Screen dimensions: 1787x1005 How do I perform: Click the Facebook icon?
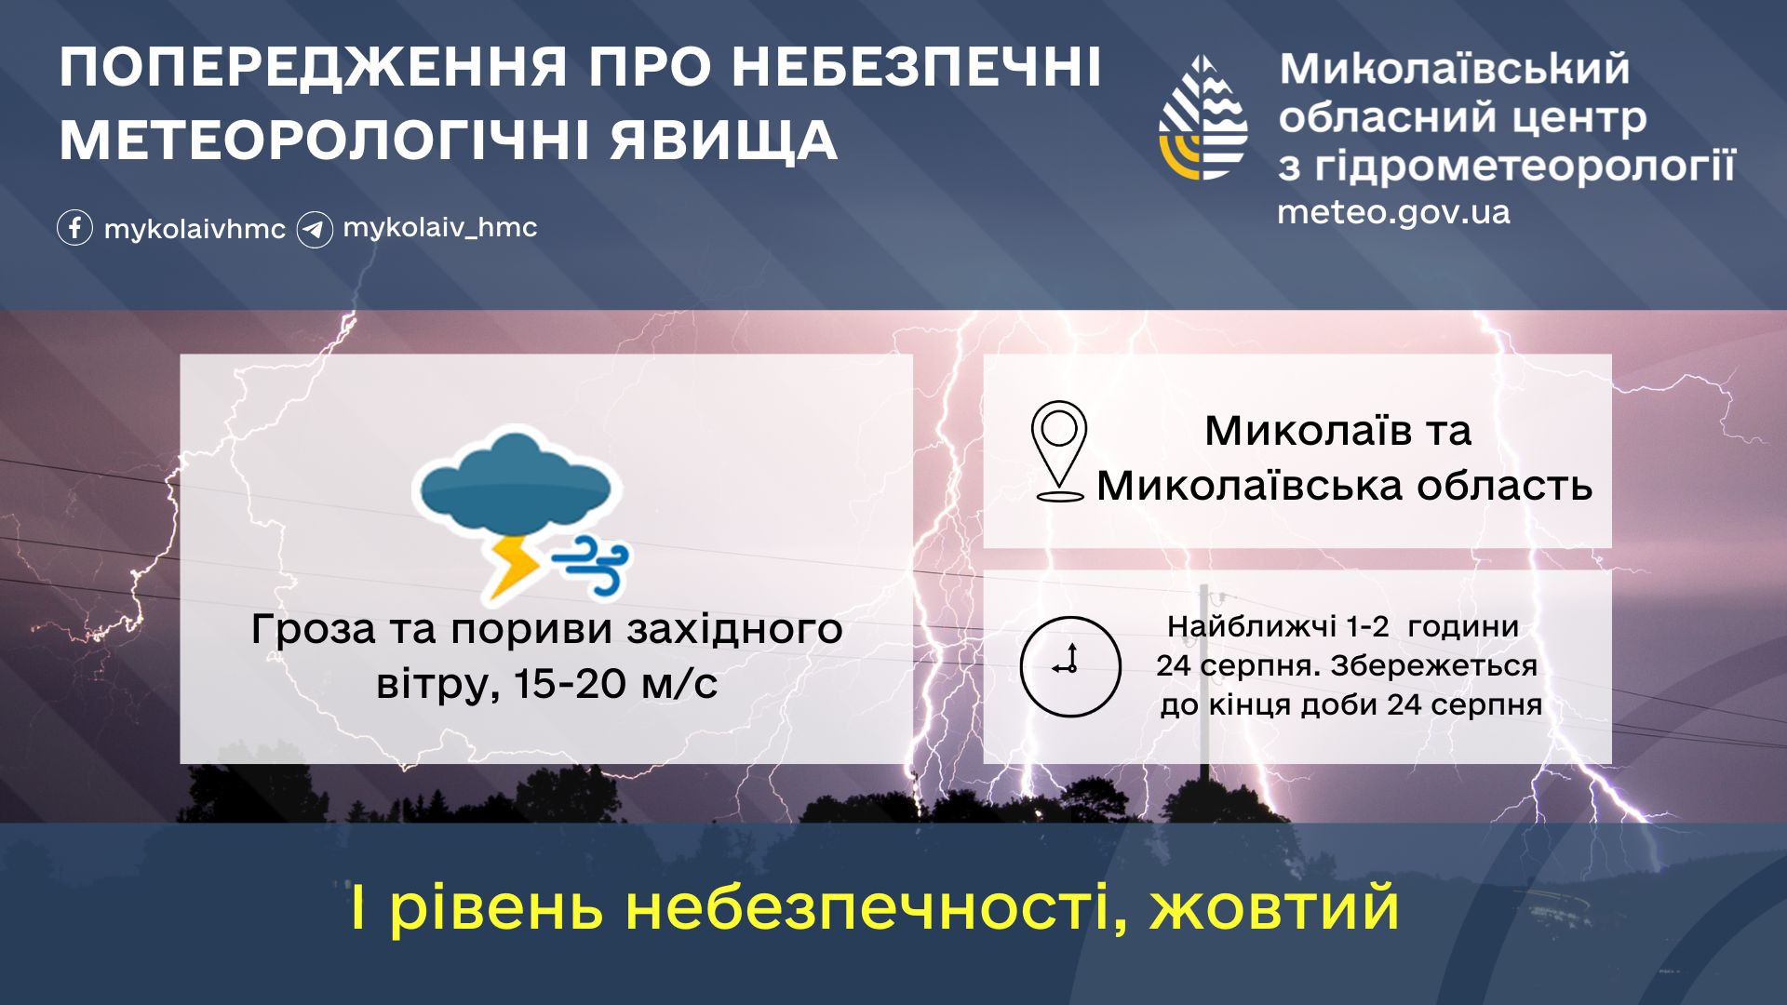pos(74,228)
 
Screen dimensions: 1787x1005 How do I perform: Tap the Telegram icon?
pos(315,229)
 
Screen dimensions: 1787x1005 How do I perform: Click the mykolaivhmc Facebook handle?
pos(195,230)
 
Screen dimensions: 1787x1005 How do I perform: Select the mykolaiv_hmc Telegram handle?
pos(440,228)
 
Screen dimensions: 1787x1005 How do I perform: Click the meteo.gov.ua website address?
pos(1393,212)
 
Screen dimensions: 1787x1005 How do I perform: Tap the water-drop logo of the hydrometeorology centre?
pos(1203,117)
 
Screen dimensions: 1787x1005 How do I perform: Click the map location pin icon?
pos(1059,451)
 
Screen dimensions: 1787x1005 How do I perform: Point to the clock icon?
pos(1070,666)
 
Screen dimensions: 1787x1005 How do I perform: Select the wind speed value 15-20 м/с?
pos(615,684)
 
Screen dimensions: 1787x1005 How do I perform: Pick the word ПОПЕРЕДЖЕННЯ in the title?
pos(314,67)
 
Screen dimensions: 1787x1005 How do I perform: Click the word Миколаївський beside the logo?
pos(1455,69)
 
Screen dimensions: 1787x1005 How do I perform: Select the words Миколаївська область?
pos(1344,486)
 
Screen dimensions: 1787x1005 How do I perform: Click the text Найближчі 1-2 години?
pos(1343,627)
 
